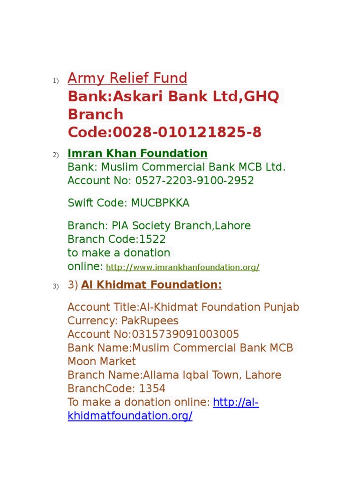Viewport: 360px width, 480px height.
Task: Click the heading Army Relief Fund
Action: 127,78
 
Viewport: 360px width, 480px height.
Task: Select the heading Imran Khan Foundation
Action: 137,153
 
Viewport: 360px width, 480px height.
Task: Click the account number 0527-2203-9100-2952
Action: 195,180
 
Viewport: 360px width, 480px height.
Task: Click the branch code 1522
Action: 152,239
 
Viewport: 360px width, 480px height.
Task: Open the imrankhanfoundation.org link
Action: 183,267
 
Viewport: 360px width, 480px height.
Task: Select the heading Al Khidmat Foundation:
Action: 151,285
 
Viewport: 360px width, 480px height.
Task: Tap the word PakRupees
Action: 150,321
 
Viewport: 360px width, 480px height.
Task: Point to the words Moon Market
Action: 102,361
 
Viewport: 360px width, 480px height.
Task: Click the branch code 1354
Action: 152,389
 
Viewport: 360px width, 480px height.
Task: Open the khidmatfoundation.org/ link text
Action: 130,416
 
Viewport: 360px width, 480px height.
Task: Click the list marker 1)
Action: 55,82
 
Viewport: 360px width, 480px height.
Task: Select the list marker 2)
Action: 55,156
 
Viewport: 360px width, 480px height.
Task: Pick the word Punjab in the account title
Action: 282,307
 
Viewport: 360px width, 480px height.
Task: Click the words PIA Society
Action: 141,225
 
